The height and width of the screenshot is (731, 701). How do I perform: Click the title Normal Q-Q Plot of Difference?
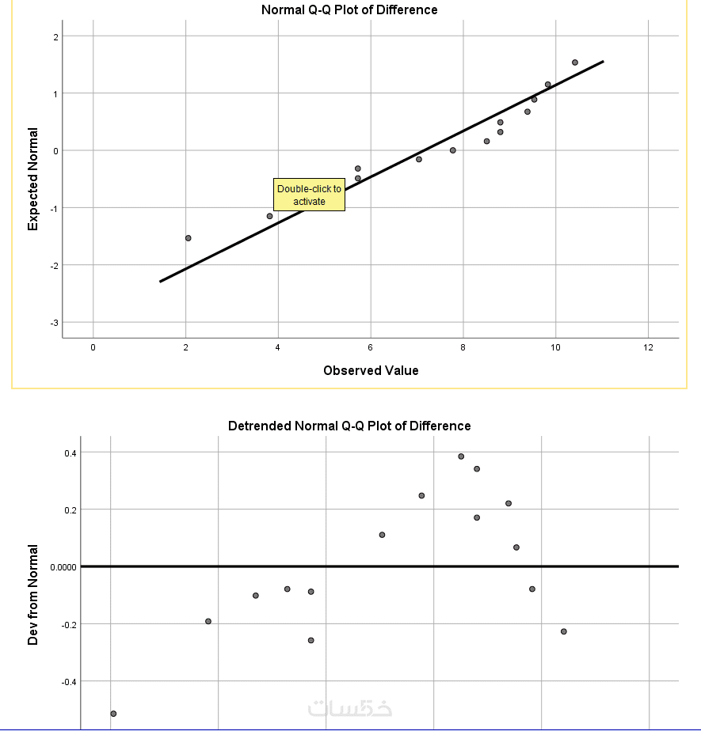pyautogui.click(x=349, y=10)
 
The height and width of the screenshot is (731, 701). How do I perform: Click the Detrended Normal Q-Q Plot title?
pyautogui.click(x=349, y=426)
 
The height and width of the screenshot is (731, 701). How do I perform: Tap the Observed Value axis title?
pyautogui.click(x=371, y=370)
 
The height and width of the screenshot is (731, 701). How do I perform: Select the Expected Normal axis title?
pyautogui.click(x=33, y=180)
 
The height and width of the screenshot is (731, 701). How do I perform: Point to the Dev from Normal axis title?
pyautogui.click(x=33, y=594)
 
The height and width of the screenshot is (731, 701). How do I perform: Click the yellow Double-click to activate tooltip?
pyautogui.click(x=310, y=195)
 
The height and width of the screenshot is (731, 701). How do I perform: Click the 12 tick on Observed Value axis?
pyautogui.click(x=648, y=347)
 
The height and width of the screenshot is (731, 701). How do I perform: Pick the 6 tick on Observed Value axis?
pyautogui.click(x=370, y=347)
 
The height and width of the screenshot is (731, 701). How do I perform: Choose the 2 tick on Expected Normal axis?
pyautogui.click(x=55, y=37)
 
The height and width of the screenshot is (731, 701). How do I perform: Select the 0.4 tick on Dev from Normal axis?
pyautogui.click(x=70, y=453)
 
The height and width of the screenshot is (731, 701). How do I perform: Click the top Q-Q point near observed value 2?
pyautogui.click(x=188, y=238)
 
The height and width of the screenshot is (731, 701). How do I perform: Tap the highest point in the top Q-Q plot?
pyautogui.click(x=575, y=62)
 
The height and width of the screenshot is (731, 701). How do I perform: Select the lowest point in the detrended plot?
pyautogui.click(x=113, y=714)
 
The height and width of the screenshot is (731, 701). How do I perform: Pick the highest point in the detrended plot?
pyautogui.click(x=461, y=456)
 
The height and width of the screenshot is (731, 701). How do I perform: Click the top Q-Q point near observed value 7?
pyautogui.click(x=419, y=159)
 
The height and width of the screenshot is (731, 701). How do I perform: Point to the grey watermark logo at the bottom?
pyautogui.click(x=349, y=707)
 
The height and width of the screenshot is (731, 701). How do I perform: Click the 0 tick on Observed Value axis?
pyautogui.click(x=93, y=347)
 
